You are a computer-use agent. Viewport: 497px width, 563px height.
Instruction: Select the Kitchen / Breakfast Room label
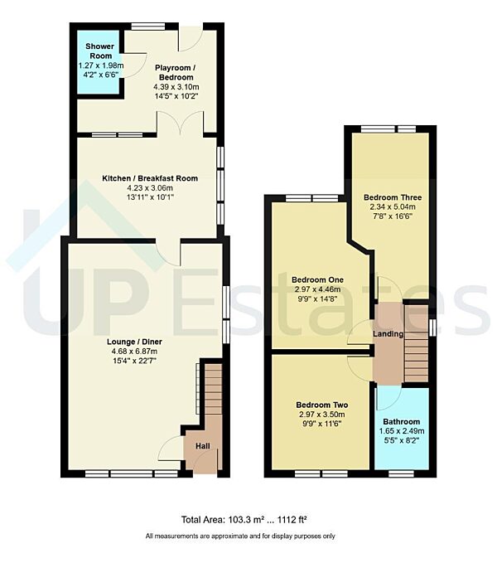coord(150,178)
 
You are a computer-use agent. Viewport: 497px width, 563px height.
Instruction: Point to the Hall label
coord(202,446)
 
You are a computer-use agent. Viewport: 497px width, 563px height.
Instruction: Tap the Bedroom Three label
coord(393,197)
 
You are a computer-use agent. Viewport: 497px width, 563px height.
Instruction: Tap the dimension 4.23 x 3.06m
coord(150,188)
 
